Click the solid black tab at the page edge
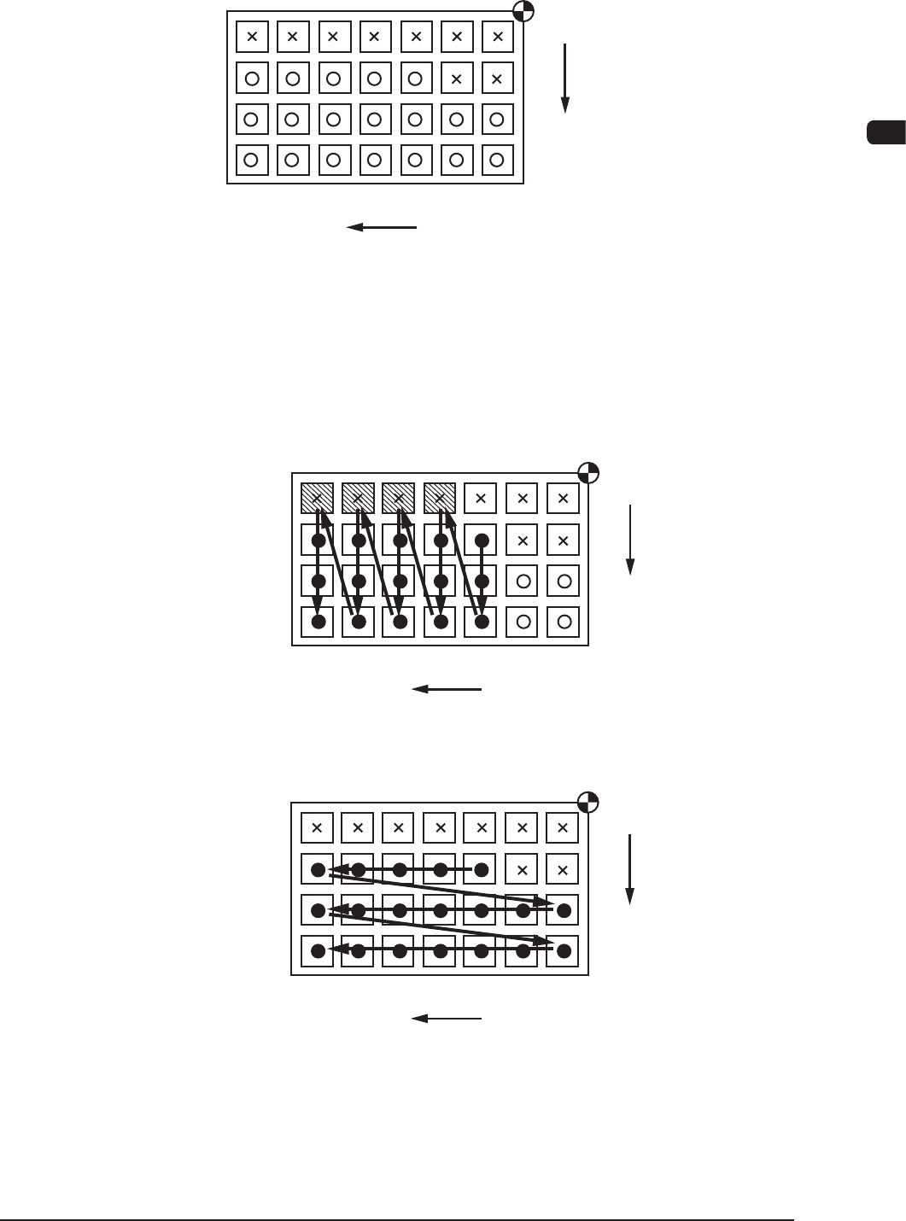886,133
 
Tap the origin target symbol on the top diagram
524,11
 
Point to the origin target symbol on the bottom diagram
588,803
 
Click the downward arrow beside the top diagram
564,78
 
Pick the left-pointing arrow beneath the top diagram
382,227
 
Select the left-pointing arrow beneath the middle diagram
447,689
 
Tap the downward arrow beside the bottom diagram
629,868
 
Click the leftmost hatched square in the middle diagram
317,498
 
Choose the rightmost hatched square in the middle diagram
440,498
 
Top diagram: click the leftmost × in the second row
456,79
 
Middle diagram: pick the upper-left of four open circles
523,581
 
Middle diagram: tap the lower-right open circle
564,622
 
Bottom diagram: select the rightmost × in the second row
563,870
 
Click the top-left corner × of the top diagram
252,37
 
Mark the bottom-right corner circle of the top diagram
497,160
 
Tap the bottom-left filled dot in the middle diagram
318,622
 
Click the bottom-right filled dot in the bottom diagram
563,950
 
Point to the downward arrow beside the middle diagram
629,540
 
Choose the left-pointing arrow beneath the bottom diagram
447,1019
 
